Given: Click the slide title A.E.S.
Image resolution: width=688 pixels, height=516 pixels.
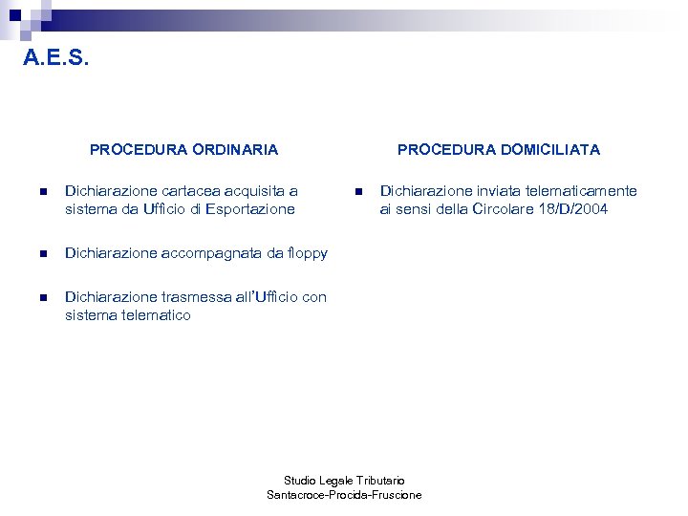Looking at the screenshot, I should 56,59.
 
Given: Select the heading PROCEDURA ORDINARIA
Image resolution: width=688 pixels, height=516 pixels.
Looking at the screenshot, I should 183,149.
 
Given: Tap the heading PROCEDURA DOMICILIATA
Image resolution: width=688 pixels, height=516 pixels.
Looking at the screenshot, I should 499,149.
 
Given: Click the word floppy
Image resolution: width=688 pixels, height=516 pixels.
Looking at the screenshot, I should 307,253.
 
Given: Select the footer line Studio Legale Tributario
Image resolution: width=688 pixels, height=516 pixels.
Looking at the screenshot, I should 344,480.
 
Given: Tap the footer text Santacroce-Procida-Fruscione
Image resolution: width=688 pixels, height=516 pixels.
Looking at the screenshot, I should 344,495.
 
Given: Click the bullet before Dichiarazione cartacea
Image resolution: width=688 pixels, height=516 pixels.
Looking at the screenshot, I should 41,192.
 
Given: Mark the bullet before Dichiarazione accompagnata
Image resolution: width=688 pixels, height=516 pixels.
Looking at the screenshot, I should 41,254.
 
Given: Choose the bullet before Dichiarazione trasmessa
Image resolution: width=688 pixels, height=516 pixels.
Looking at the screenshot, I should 41,298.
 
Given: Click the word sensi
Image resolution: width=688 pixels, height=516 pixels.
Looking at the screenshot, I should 417,209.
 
